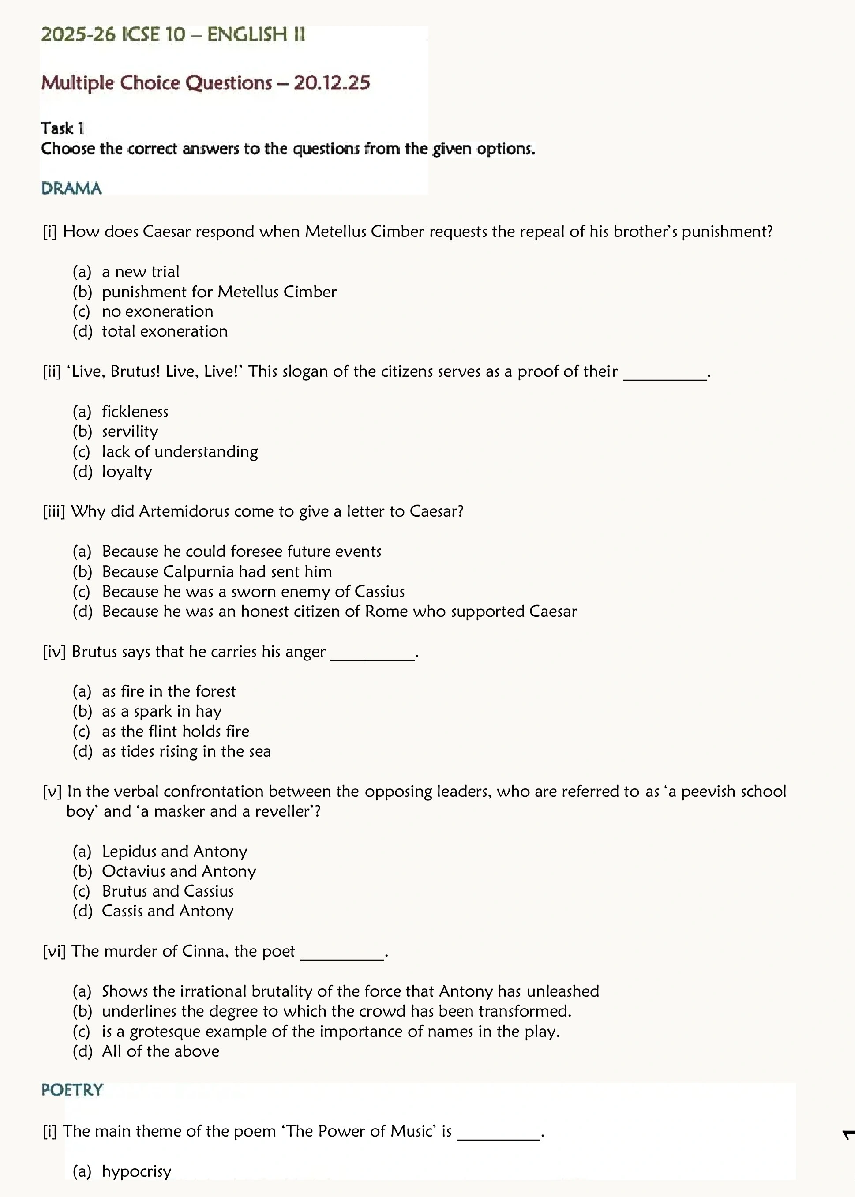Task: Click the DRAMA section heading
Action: pos(71,188)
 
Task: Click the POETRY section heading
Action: pos(72,1090)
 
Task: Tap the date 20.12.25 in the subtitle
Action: pos(332,83)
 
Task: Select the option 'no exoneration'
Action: pos(157,311)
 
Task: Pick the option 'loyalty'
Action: pos(127,472)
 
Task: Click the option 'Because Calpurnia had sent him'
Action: pos(217,572)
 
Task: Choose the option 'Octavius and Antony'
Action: pos(179,872)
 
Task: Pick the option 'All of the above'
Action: pos(161,1052)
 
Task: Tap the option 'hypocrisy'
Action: pos(137,1172)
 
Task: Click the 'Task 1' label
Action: pos(63,128)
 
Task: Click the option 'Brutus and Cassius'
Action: pos(167,892)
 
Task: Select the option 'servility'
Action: pos(130,432)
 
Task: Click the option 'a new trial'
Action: pos(141,272)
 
